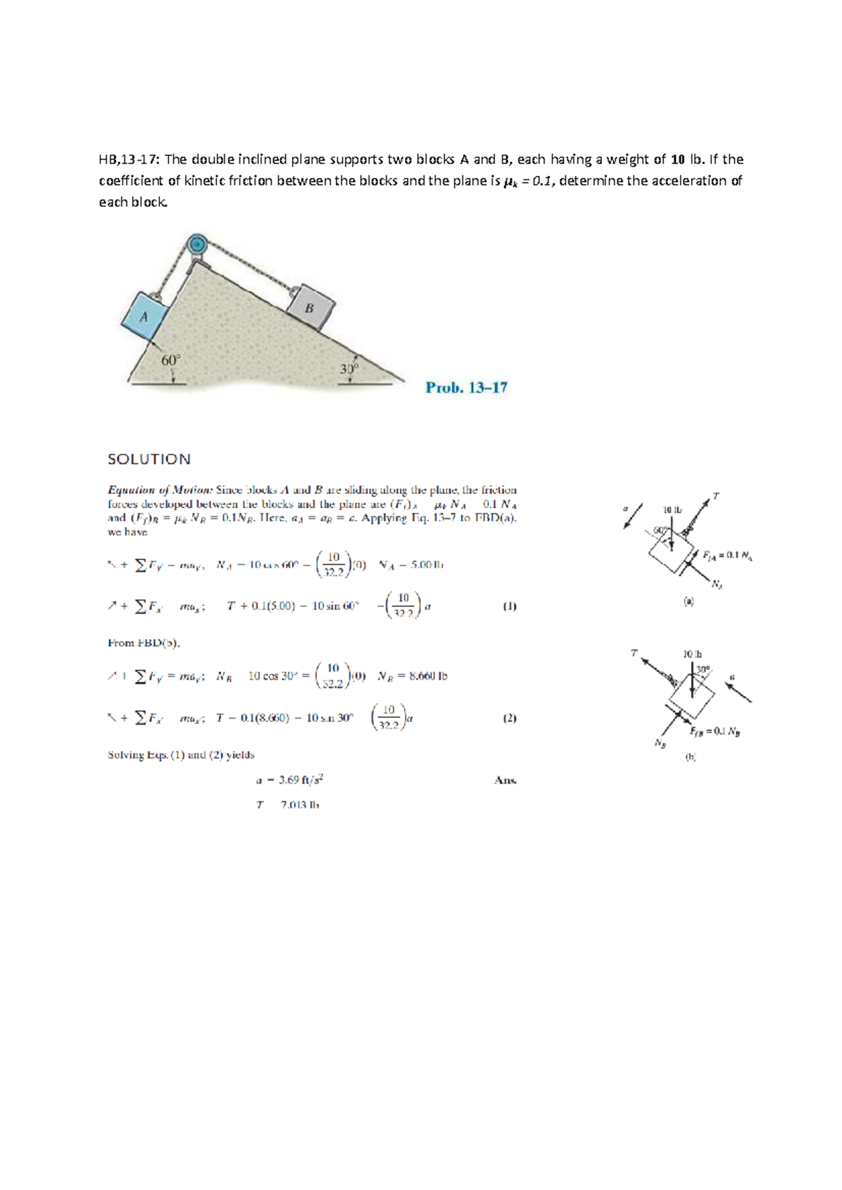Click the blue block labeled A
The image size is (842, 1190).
tap(145, 316)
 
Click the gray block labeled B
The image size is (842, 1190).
tap(310, 307)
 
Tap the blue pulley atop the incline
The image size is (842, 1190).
tap(198, 244)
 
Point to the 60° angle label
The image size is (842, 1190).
tap(171, 360)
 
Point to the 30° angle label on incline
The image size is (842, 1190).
tap(349, 369)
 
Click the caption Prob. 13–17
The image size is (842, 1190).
tap(466, 387)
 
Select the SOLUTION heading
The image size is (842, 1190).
tap(149, 459)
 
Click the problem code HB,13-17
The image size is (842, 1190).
tap(130, 159)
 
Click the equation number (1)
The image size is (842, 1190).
tap(509, 606)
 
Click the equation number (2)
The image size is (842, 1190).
tap(509, 718)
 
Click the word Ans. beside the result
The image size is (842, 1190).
tap(505, 780)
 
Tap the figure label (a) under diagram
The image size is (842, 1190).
tap(689, 601)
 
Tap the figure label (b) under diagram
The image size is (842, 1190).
tap(690, 757)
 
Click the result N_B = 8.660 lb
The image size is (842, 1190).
tap(412, 676)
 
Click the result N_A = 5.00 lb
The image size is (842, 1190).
tap(411, 564)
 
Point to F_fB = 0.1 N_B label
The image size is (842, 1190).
tap(715, 731)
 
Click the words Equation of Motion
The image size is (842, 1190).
tap(159, 490)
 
